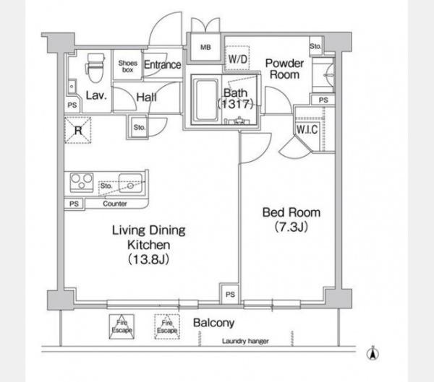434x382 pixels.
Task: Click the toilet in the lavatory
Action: (x=95, y=67)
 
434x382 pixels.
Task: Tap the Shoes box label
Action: (x=127, y=66)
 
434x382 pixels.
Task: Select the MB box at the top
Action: (x=205, y=47)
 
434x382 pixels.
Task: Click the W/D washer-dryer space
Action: (x=237, y=58)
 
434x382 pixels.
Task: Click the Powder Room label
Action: (x=284, y=69)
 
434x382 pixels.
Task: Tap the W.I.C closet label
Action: (x=307, y=129)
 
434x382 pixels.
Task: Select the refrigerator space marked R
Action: (x=78, y=130)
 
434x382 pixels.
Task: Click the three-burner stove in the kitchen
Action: (x=81, y=182)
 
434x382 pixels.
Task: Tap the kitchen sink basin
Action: (x=131, y=183)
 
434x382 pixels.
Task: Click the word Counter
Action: (x=114, y=204)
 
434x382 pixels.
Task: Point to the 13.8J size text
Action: (x=148, y=259)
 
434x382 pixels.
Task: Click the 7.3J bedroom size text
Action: (x=292, y=227)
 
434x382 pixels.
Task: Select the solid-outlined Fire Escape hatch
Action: (x=122, y=326)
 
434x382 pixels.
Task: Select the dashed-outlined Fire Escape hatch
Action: (x=167, y=326)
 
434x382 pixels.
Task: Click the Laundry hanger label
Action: (x=245, y=341)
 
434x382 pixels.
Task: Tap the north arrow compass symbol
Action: (x=373, y=353)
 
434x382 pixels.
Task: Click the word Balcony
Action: (x=213, y=323)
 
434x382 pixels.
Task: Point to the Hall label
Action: (x=146, y=97)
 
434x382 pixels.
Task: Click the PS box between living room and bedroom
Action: (x=230, y=294)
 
